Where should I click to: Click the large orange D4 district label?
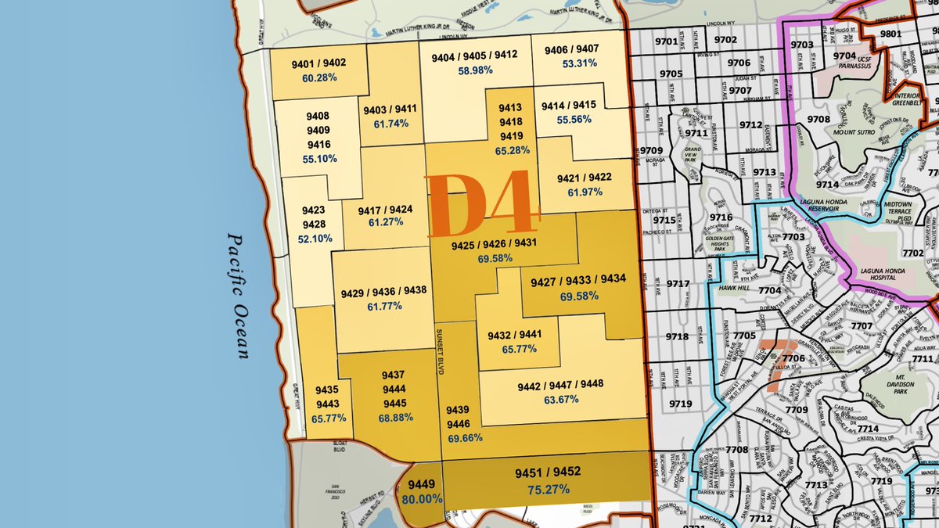pyautogui.click(x=483, y=205)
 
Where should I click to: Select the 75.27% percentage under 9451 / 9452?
pyautogui.click(x=547, y=490)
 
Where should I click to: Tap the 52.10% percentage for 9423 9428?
pyautogui.click(x=315, y=238)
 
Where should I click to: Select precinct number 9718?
pyautogui.click(x=678, y=337)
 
